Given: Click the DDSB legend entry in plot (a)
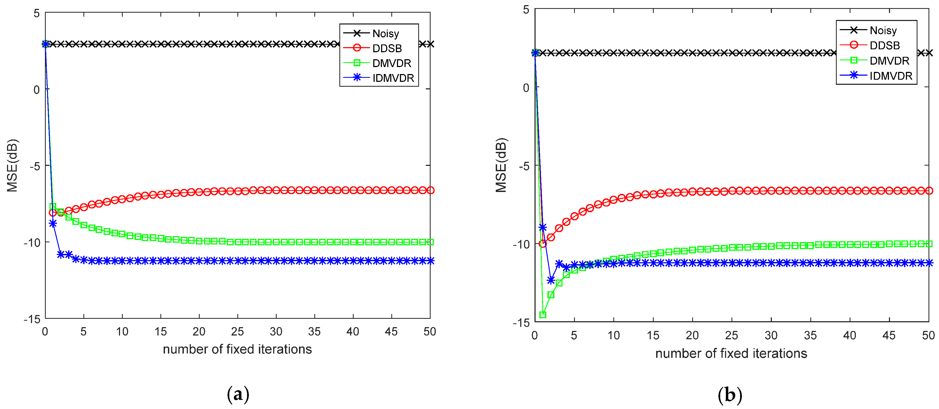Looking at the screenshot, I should (386, 48).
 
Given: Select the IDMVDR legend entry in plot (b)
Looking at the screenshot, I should (890, 76).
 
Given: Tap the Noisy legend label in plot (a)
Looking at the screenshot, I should (385, 34).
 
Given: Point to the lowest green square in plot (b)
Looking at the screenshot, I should (543, 314).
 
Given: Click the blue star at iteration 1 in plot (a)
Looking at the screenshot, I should (53, 223).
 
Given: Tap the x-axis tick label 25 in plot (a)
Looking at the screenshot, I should (237, 331).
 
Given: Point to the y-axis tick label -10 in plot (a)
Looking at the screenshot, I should (32, 242).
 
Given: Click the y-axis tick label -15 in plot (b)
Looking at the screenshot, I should (521, 322).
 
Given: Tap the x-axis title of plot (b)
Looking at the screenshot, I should (731, 353).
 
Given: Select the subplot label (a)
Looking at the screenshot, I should (238, 394).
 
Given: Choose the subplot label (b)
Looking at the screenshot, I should (730, 395).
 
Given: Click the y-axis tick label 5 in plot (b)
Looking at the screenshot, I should (526, 9).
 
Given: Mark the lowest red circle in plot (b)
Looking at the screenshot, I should (543, 243).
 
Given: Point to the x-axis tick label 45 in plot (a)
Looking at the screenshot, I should (391, 331).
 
